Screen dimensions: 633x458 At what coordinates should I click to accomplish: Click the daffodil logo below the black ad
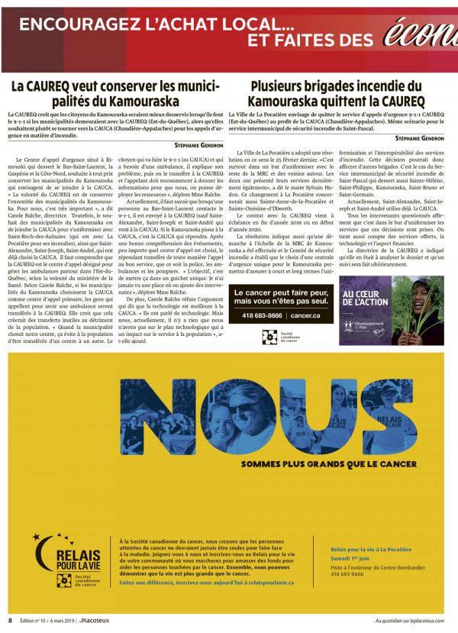(269, 337)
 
